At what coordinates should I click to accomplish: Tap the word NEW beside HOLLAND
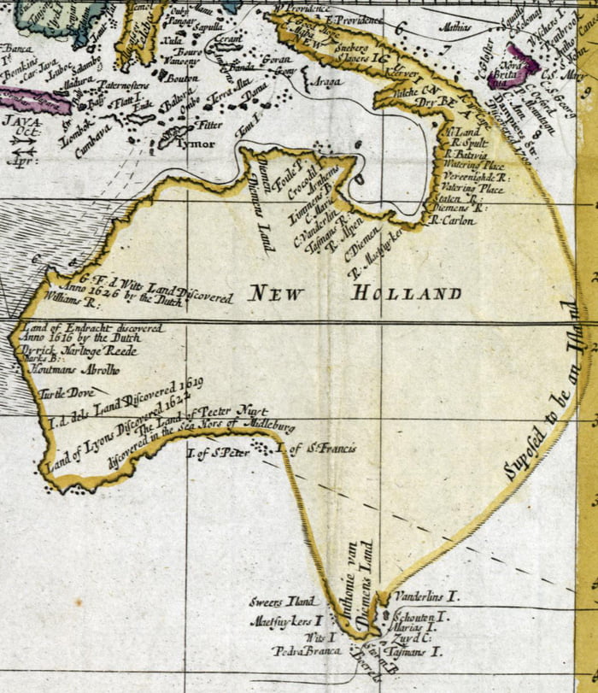(x=277, y=295)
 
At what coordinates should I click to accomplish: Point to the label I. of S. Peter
(x=218, y=453)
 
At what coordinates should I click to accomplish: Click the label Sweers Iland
(x=283, y=601)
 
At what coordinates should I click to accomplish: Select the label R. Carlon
(x=449, y=220)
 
